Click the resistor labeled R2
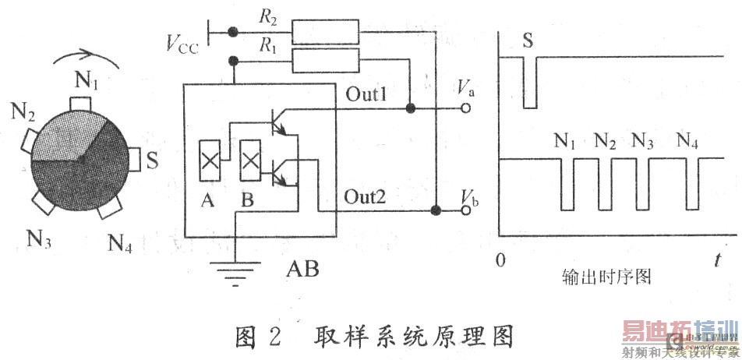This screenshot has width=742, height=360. [x=326, y=33]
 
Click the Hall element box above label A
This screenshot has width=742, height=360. [x=210, y=161]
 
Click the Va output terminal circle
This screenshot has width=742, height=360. [x=466, y=109]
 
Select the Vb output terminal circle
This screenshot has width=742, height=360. [x=466, y=210]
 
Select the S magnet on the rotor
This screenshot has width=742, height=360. [x=134, y=160]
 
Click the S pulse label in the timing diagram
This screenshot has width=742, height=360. [x=528, y=40]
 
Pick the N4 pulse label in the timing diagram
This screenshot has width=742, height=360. [x=687, y=141]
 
